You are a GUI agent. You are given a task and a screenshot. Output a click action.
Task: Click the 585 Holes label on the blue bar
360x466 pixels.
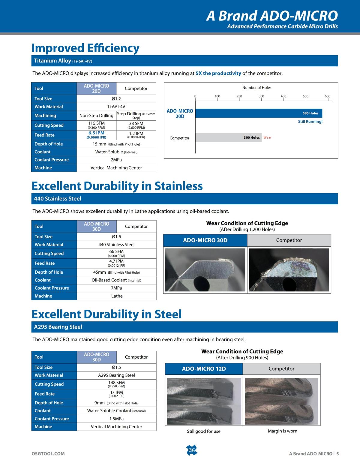(310, 113)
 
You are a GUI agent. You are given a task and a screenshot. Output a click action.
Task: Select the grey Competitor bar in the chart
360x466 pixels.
(228, 137)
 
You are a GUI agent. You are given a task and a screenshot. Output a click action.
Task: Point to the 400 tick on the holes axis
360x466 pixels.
(283, 96)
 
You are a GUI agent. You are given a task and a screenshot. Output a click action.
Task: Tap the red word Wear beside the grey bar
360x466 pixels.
(267, 137)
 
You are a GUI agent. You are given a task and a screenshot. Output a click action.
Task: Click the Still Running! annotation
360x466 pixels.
(310, 122)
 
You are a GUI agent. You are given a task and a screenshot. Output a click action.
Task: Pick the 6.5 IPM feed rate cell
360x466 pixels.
(96, 135)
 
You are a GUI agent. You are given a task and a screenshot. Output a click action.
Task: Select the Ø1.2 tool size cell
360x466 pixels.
(116, 99)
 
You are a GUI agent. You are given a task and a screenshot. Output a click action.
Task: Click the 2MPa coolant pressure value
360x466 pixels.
(116, 160)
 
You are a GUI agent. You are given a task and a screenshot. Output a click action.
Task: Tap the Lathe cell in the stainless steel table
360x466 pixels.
(117, 296)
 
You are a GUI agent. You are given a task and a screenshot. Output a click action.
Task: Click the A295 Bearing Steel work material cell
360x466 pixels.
(116, 375)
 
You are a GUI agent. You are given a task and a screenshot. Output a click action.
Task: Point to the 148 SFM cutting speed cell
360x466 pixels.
(116, 384)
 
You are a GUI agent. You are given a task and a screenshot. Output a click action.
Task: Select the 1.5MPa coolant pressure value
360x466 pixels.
(116, 419)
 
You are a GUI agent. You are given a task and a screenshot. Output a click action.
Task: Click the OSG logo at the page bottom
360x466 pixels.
(191, 450)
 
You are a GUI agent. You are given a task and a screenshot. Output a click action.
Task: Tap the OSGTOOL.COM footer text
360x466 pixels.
(48, 454)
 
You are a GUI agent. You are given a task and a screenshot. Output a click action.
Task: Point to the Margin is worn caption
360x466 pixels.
(282, 431)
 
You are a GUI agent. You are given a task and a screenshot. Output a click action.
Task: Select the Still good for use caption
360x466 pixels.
(204, 431)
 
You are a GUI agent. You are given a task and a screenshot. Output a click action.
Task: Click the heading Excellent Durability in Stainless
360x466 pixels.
(117, 186)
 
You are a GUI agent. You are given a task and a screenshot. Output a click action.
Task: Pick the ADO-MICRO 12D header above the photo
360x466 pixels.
(204, 368)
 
